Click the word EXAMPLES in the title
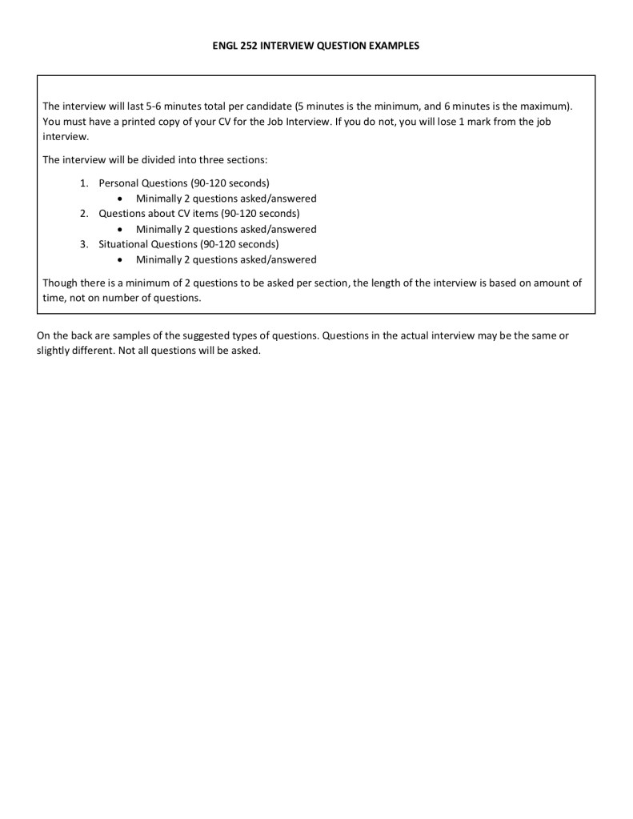tap(395, 46)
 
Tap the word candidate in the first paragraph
tap(265, 106)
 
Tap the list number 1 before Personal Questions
tap(84, 183)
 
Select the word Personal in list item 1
tap(118, 183)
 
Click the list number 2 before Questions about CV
tap(84, 213)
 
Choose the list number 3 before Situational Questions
tap(84, 243)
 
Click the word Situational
tap(123, 243)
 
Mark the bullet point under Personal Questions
tap(119, 199)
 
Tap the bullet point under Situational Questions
tap(119, 259)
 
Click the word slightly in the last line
tap(54, 351)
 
